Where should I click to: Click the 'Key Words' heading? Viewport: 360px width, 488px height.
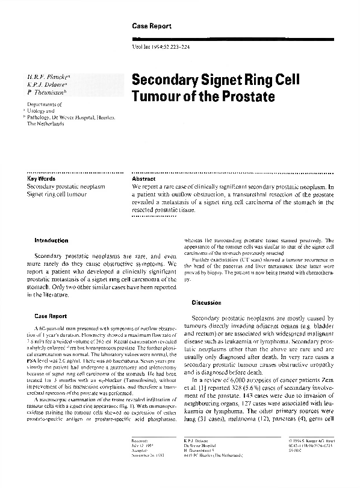(42, 180)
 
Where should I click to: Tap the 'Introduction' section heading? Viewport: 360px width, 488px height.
(52, 241)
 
